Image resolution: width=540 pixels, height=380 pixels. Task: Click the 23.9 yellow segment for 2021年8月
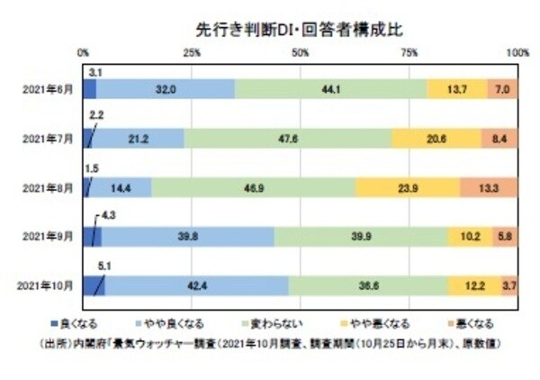(408, 187)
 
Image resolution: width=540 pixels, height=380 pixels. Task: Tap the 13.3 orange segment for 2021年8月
(489, 187)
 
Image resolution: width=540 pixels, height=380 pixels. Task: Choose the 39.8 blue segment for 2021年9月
(187, 237)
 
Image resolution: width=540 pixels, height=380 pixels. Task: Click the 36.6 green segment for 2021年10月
(367, 286)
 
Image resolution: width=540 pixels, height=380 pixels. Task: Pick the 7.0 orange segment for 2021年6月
(502, 88)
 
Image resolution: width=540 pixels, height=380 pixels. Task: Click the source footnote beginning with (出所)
(270, 342)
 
